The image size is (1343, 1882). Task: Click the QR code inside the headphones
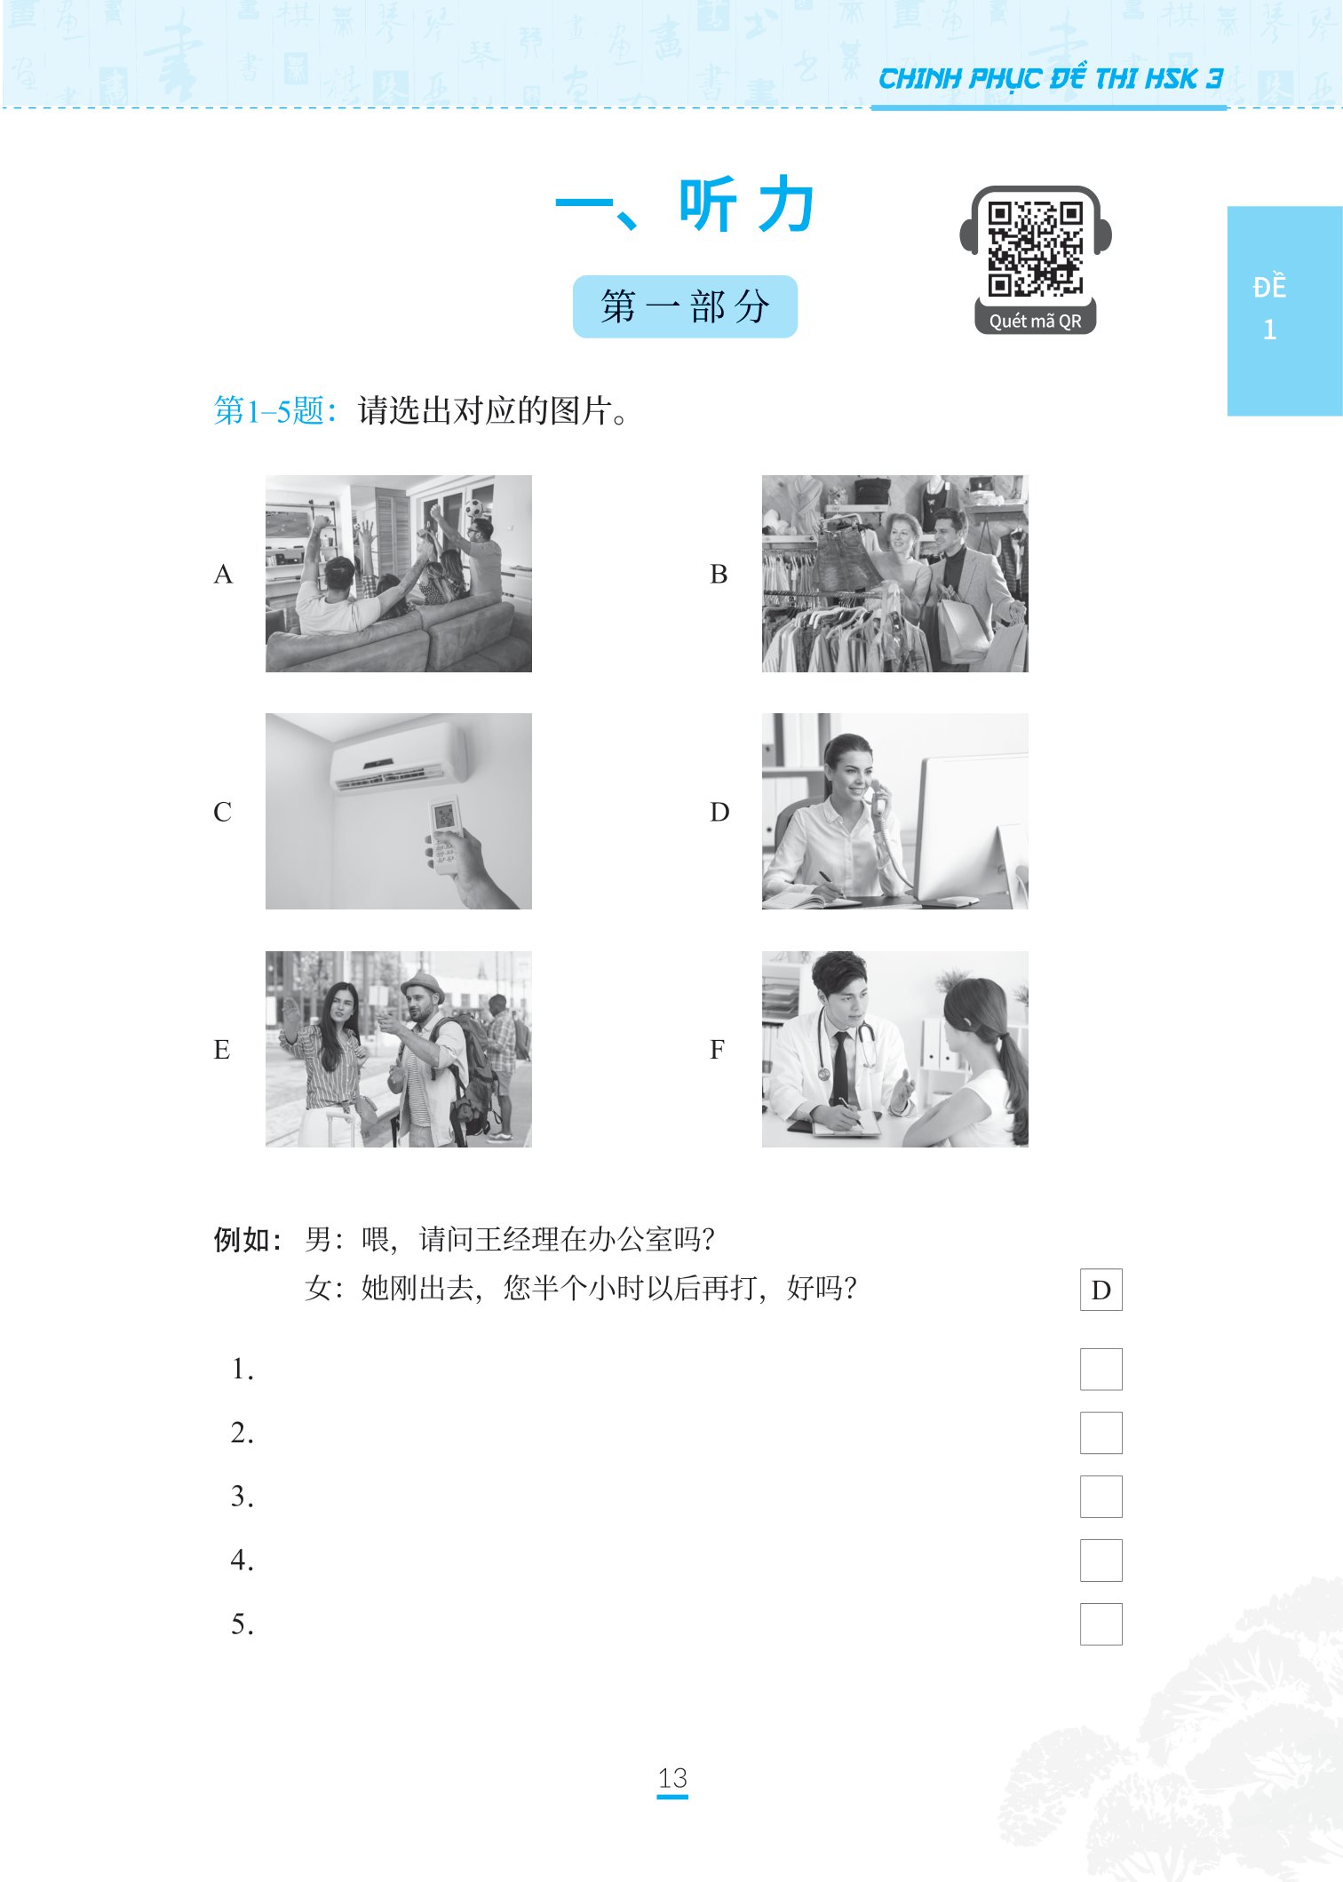pos(1035,249)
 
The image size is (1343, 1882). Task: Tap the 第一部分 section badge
pos(684,306)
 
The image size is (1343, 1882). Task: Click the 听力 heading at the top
pos(684,205)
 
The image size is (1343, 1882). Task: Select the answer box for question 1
pos(1101,1369)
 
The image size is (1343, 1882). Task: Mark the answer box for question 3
pos(1101,1497)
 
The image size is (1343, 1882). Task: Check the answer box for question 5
pos(1101,1624)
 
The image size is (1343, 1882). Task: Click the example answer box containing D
pos(1101,1290)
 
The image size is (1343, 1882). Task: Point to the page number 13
pos(672,1778)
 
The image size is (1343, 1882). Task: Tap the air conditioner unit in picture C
pos(399,757)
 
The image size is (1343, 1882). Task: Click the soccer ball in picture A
pos(475,509)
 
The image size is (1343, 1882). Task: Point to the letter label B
pos(719,575)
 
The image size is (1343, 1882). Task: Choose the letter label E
pos(222,1050)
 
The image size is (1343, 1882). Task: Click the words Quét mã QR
pos(1035,322)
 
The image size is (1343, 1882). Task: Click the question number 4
pos(242,1560)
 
